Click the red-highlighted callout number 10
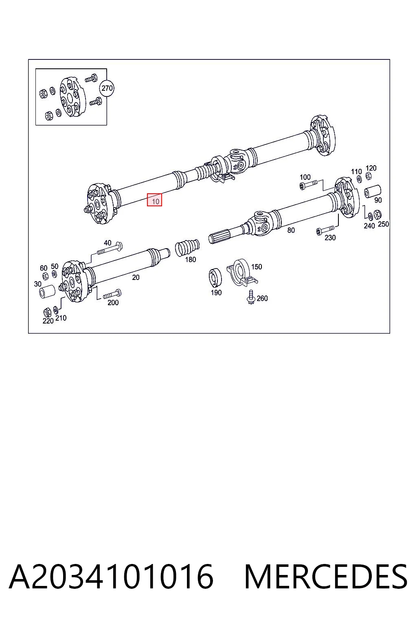click(x=154, y=200)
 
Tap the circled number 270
click(x=107, y=88)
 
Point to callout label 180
click(x=191, y=260)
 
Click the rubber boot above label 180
click(x=187, y=247)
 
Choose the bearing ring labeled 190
click(x=215, y=277)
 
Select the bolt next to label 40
click(x=110, y=249)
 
